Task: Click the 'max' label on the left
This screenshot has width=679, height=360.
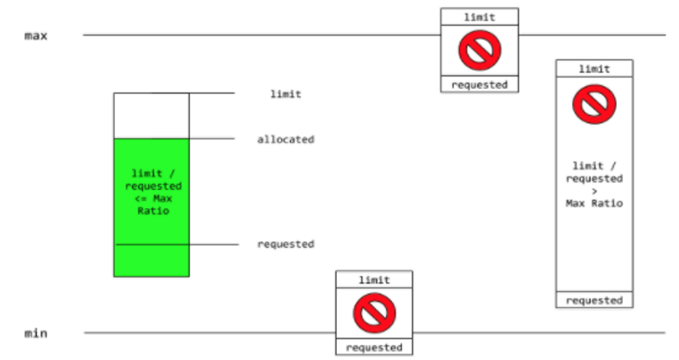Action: coord(35,36)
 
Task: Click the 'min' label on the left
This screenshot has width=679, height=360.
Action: coord(35,334)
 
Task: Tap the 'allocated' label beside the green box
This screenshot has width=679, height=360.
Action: coord(285,140)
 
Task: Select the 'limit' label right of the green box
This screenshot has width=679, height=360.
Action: coord(285,95)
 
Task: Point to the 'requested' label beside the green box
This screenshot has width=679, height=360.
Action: coord(285,244)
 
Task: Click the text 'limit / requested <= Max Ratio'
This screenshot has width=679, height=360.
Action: coord(151,192)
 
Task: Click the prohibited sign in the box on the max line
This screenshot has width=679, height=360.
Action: coord(479,52)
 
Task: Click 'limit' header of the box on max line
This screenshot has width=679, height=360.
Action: coord(479,16)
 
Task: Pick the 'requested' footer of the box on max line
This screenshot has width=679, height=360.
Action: coord(479,84)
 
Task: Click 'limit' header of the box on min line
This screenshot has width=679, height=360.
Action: coord(374,279)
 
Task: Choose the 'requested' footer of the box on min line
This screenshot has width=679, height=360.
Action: coord(374,348)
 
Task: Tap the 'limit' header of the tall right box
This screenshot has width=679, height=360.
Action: coord(594,69)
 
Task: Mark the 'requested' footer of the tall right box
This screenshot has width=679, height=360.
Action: coord(594,300)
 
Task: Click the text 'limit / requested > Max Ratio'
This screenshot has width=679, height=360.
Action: coord(594,184)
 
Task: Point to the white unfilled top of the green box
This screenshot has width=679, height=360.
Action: coord(151,116)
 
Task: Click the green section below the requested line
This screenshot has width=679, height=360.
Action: coord(151,261)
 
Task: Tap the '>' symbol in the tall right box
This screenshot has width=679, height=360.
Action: coord(594,191)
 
